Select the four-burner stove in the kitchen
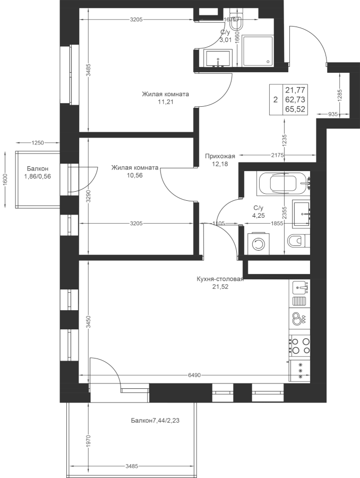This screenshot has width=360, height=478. point(299,345)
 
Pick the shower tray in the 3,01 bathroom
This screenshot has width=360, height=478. point(258,51)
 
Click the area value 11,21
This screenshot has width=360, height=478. point(165,102)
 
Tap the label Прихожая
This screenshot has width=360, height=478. point(220,156)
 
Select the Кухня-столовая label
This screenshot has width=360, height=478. point(220,279)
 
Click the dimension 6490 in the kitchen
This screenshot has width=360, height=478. point(195,375)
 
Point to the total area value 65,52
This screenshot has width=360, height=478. point(295,109)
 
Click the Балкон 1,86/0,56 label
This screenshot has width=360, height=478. point(38,172)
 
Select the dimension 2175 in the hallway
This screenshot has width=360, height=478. point(277,155)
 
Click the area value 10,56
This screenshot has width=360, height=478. point(135,175)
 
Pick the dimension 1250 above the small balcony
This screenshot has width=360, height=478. point(38,142)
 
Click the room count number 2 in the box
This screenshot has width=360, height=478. point(276,100)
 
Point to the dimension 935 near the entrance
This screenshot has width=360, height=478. point(333,114)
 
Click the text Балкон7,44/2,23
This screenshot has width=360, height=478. point(155,421)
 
